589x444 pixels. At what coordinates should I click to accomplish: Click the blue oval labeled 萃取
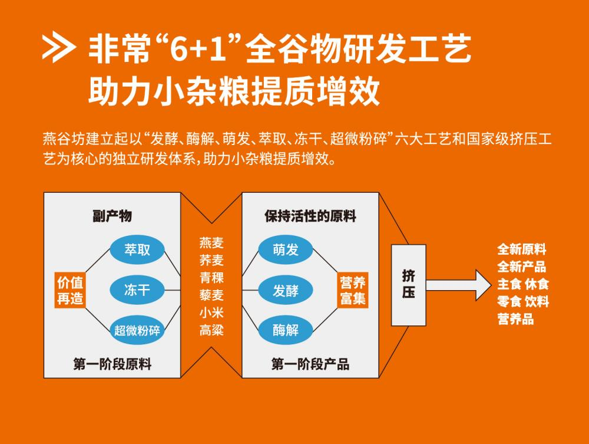pyautogui.click(x=137, y=250)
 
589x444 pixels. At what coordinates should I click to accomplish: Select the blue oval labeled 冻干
pyautogui.click(x=137, y=290)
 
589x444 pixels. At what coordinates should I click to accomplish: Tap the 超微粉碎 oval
pyautogui.click(x=137, y=330)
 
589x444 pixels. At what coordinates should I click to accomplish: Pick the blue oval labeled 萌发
pyautogui.click(x=286, y=250)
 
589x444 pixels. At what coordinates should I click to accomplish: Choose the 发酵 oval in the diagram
pyautogui.click(x=286, y=290)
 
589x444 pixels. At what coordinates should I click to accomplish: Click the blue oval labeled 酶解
pyautogui.click(x=286, y=330)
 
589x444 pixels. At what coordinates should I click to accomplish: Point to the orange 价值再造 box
pyautogui.click(x=70, y=290)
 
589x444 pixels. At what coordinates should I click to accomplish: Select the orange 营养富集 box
pyautogui.click(x=353, y=290)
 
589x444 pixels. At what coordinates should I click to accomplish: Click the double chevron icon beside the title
pyautogui.click(x=58, y=50)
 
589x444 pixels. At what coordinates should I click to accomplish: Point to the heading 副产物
pyautogui.click(x=112, y=216)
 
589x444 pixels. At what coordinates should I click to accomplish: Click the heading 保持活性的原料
pyautogui.click(x=310, y=216)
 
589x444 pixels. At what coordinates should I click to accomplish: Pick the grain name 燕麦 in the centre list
pyautogui.click(x=211, y=242)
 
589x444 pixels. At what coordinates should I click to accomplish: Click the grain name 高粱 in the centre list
pyautogui.click(x=211, y=330)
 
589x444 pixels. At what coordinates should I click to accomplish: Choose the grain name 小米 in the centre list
pyautogui.click(x=211, y=313)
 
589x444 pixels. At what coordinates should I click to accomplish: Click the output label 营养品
pyautogui.click(x=515, y=320)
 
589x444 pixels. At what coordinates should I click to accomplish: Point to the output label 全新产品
pyautogui.click(x=522, y=267)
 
